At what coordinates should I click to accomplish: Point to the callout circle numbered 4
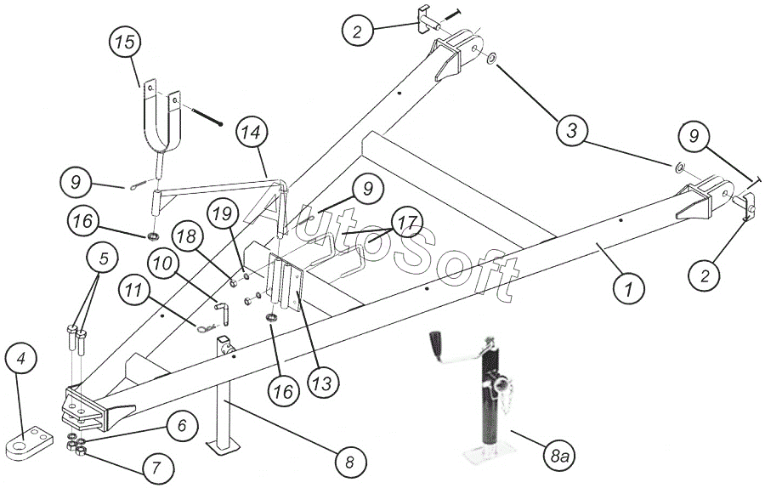[25, 359]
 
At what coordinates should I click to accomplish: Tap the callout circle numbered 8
[349, 462]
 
